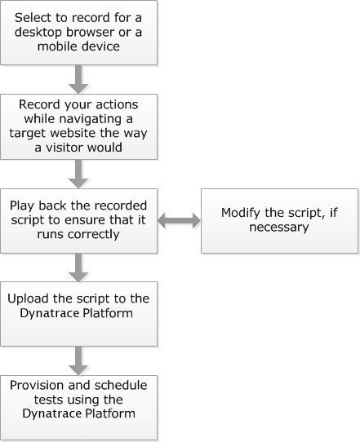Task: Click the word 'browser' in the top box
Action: [x=91, y=32]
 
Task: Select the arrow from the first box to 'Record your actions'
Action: [x=78, y=79]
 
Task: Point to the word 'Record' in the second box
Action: [x=39, y=104]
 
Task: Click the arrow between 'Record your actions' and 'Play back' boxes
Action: [x=78, y=174]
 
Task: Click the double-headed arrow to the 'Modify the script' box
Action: [x=179, y=220]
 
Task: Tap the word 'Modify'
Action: [x=241, y=213]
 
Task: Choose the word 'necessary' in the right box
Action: [x=279, y=228]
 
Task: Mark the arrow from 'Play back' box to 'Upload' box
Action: [x=78, y=267]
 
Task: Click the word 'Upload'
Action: [x=29, y=299]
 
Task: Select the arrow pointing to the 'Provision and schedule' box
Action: [x=78, y=360]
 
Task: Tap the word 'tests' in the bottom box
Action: [x=47, y=400]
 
